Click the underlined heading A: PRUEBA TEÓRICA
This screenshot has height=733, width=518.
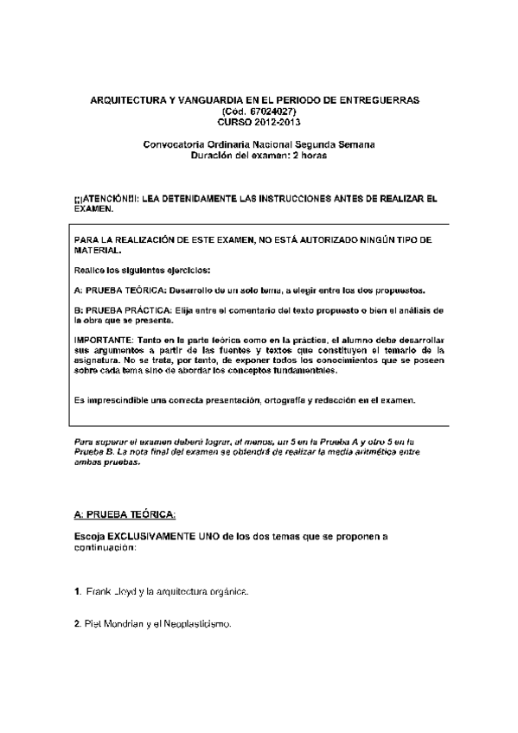(x=125, y=515)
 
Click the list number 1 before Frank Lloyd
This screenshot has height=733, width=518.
(x=77, y=591)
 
